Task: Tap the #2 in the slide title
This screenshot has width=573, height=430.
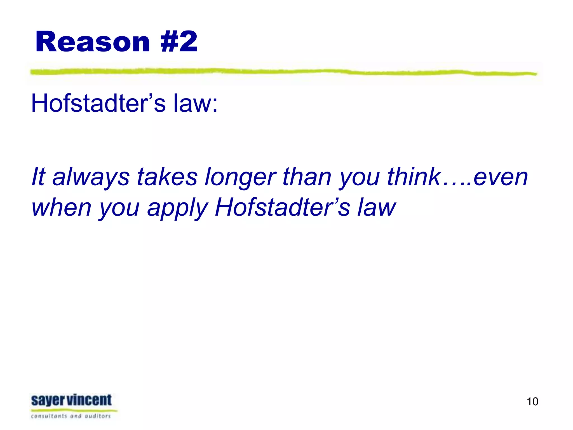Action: pos(179,42)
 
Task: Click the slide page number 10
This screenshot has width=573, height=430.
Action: pos(532,401)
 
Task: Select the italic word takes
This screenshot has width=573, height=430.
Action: pos(167,177)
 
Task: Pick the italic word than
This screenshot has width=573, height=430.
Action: pos(307,177)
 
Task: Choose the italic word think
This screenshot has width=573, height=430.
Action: pos(414,177)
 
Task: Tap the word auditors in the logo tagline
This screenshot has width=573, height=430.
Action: pos(98,416)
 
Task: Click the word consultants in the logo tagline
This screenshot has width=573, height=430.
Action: pos(49,416)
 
